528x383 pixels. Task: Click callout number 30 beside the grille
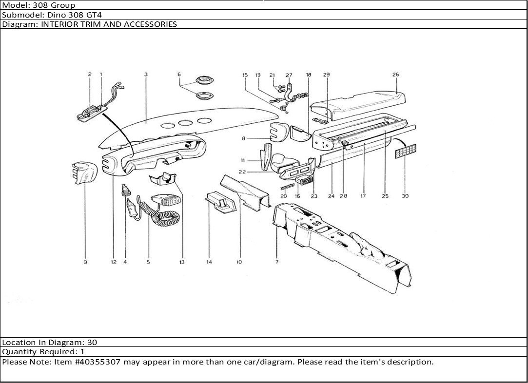pos(405,196)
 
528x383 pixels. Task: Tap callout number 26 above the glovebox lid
pos(395,75)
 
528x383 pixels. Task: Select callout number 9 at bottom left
pos(85,262)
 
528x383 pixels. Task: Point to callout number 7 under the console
pos(276,262)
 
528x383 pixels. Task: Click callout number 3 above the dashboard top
pos(146,75)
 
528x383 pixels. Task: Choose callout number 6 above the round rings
pos(179,75)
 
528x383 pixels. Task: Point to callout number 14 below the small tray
pos(209,262)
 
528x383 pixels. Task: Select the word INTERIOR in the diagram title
pos(58,24)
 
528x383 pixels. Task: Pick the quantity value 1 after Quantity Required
pos(82,352)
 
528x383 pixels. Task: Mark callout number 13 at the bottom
pos(182,262)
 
